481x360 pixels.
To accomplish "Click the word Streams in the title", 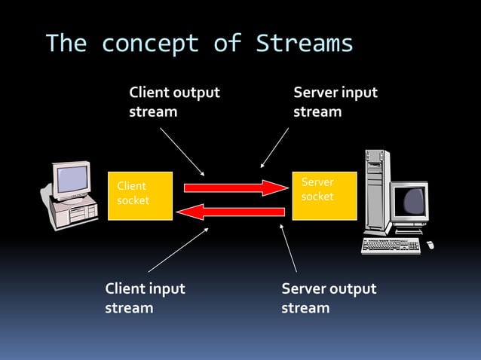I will (305, 44).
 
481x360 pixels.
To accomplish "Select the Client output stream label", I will (174, 102).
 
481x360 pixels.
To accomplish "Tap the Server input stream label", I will (335, 102).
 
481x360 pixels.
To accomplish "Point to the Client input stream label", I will (145, 298).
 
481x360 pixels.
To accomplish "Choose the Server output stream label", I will (328, 298).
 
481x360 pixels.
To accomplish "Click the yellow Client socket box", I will (140, 196).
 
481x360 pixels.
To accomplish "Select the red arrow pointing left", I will (234, 212).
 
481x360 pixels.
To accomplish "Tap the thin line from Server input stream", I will (274, 148).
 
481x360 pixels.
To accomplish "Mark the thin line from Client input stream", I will (178, 250).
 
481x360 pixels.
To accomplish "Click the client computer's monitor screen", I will (74, 178).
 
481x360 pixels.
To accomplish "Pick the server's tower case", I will (378, 192).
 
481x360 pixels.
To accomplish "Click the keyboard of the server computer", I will (391, 246).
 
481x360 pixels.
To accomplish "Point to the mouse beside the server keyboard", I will (430, 245).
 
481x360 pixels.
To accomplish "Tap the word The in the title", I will (66, 44).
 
